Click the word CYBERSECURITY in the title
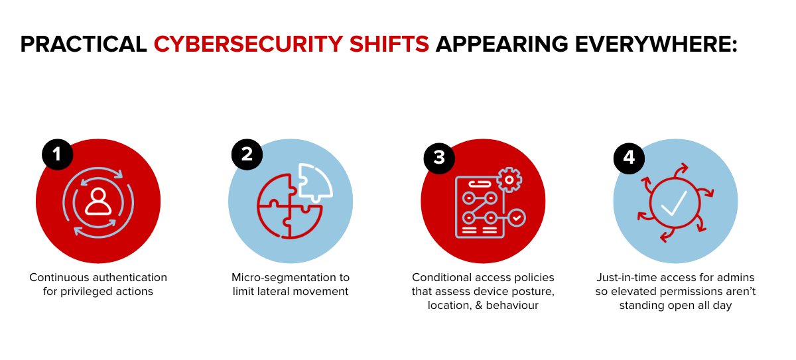point(248,44)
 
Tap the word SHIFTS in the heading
point(389,44)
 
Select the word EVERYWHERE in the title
point(656,44)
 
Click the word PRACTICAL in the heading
point(84,44)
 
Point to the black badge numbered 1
point(58,154)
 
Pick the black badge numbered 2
point(247,154)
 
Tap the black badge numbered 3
point(439,158)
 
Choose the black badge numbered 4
point(629,158)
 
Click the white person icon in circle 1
point(98,202)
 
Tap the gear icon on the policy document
point(509,180)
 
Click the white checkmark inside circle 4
point(674,203)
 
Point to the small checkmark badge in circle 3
point(517,218)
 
